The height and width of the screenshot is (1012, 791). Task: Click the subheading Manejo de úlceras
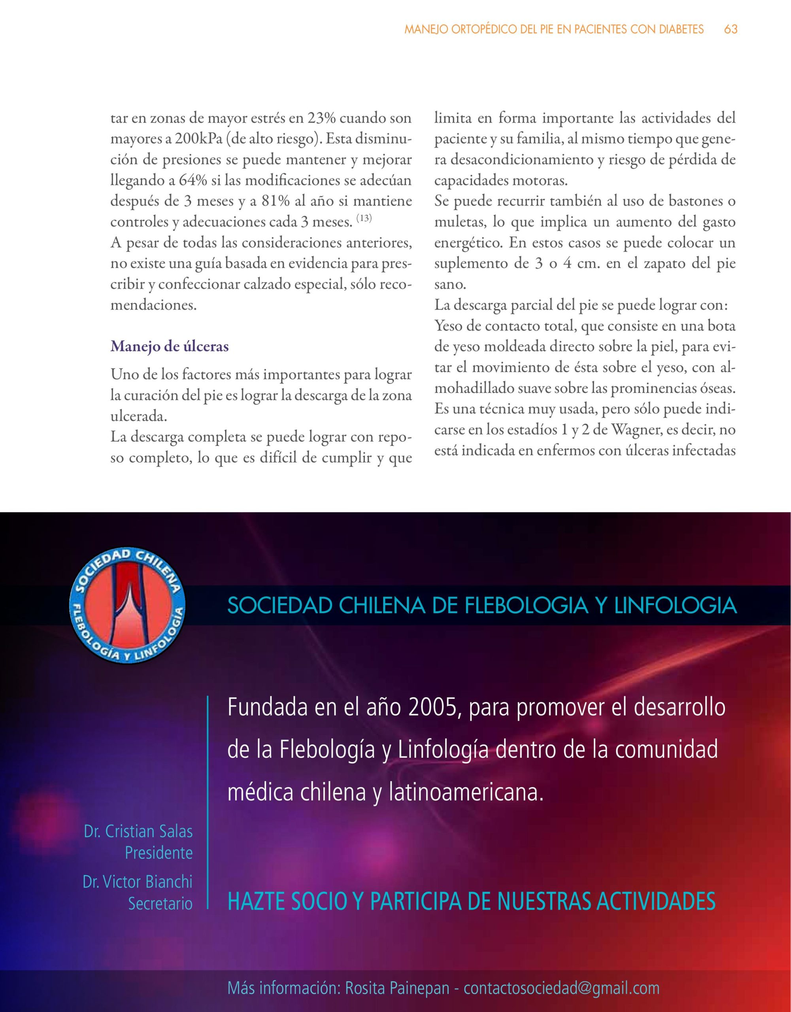point(170,347)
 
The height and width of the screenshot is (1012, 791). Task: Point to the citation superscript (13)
point(364,218)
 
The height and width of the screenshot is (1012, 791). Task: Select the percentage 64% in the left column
point(193,181)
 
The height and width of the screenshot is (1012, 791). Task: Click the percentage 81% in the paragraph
point(276,202)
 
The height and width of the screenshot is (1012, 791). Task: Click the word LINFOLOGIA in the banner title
point(675,606)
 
